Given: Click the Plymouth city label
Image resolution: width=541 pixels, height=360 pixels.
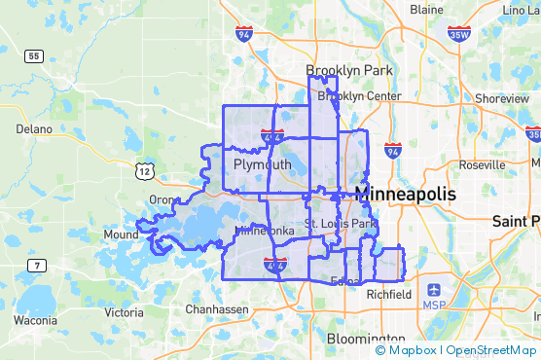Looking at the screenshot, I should pyautogui.click(x=263, y=165).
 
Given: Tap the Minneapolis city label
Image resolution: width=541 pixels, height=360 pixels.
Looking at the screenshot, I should pyautogui.click(x=406, y=195).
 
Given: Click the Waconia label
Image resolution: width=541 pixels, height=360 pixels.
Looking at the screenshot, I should pyautogui.click(x=35, y=320).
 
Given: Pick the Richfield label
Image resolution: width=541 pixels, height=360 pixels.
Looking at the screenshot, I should pyautogui.click(x=390, y=294).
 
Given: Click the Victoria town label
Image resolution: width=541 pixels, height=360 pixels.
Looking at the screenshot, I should pyautogui.click(x=125, y=312).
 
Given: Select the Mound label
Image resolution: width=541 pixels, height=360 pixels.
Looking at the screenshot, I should pyautogui.click(x=122, y=234).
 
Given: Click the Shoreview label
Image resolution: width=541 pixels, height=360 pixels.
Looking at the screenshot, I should pyautogui.click(x=502, y=98).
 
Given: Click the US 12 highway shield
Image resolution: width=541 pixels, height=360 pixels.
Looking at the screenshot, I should pyautogui.click(x=144, y=171).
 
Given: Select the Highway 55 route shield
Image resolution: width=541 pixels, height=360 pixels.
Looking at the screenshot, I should pyautogui.click(x=33, y=56).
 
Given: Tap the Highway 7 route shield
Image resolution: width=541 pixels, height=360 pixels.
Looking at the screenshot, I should pyautogui.click(x=37, y=265).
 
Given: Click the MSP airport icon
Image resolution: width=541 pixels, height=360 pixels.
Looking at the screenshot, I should pyautogui.click(x=433, y=290).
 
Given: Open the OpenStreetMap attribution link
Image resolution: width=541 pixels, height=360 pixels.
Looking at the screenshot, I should pyautogui.click(x=493, y=350).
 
